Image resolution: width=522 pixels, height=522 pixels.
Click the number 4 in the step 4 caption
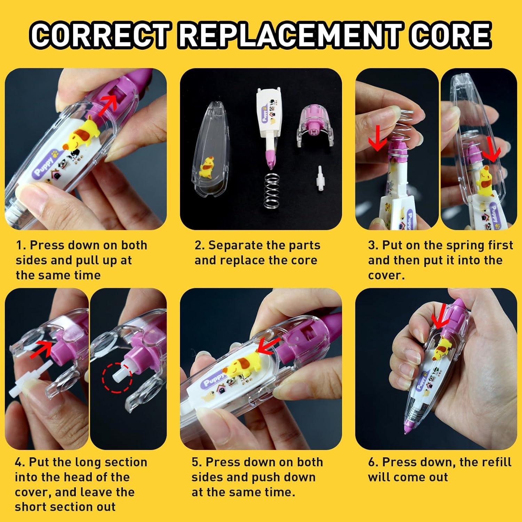pos(19,462)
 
